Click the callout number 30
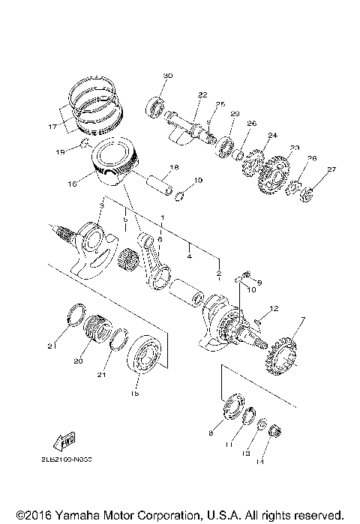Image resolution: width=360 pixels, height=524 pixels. [x=167, y=76]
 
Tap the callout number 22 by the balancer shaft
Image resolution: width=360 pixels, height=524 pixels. [x=181, y=94]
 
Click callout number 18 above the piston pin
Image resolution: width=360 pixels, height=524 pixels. [x=173, y=166]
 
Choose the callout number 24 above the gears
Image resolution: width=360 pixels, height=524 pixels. [x=272, y=136]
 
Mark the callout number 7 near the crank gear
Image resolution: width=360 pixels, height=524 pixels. [x=303, y=321]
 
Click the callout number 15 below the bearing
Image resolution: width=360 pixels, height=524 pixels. [x=135, y=393]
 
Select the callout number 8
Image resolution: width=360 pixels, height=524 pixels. [x=211, y=433]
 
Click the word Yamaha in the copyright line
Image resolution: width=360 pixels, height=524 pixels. [x=79, y=517]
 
